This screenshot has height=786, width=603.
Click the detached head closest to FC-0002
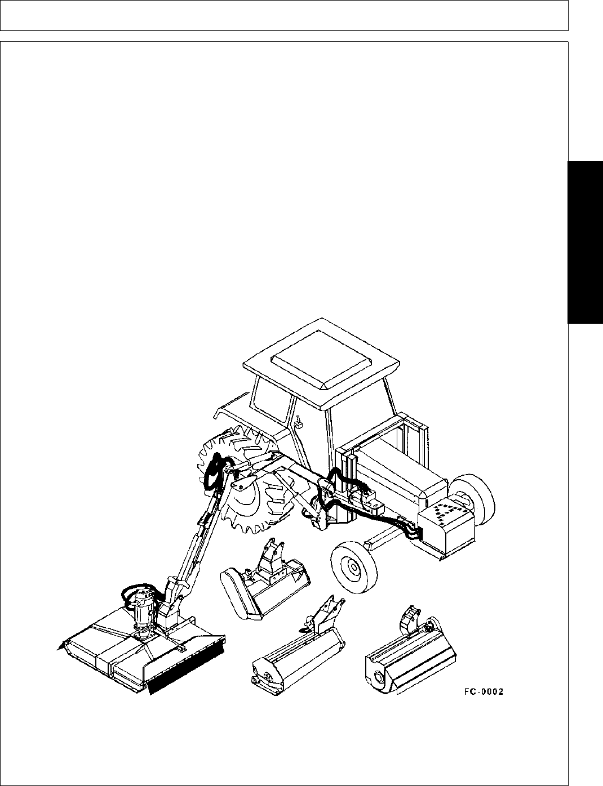point(410,659)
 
